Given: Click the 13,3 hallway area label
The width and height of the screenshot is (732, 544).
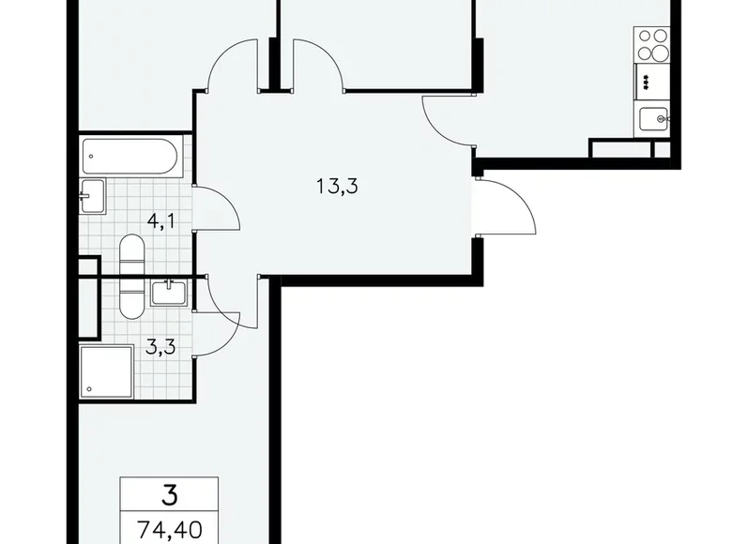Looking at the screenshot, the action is tap(337, 187).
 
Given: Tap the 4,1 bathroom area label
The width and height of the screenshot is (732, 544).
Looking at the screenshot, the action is tap(161, 220).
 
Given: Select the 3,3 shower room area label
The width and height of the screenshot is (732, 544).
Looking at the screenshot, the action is tap(160, 347).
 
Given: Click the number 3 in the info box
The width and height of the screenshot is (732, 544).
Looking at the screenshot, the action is tap(170, 495).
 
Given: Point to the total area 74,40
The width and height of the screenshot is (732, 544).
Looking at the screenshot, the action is tap(170, 530).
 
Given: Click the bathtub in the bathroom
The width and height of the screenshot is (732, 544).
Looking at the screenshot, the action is tap(130, 157).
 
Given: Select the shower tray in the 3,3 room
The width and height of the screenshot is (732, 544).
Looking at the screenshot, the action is tap(106, 371).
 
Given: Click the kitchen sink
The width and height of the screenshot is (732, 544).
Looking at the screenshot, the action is tap(653, 119).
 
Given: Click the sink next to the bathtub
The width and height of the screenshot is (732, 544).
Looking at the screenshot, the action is tap(92, 196).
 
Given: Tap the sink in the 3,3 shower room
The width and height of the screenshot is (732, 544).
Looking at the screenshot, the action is tap(169, 293).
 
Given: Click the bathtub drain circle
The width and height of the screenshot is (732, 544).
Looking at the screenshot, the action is tap(91, 157).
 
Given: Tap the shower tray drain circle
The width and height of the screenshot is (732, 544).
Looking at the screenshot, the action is tap(89, 388).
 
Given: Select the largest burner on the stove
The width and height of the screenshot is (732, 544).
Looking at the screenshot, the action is tap(661, 52).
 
